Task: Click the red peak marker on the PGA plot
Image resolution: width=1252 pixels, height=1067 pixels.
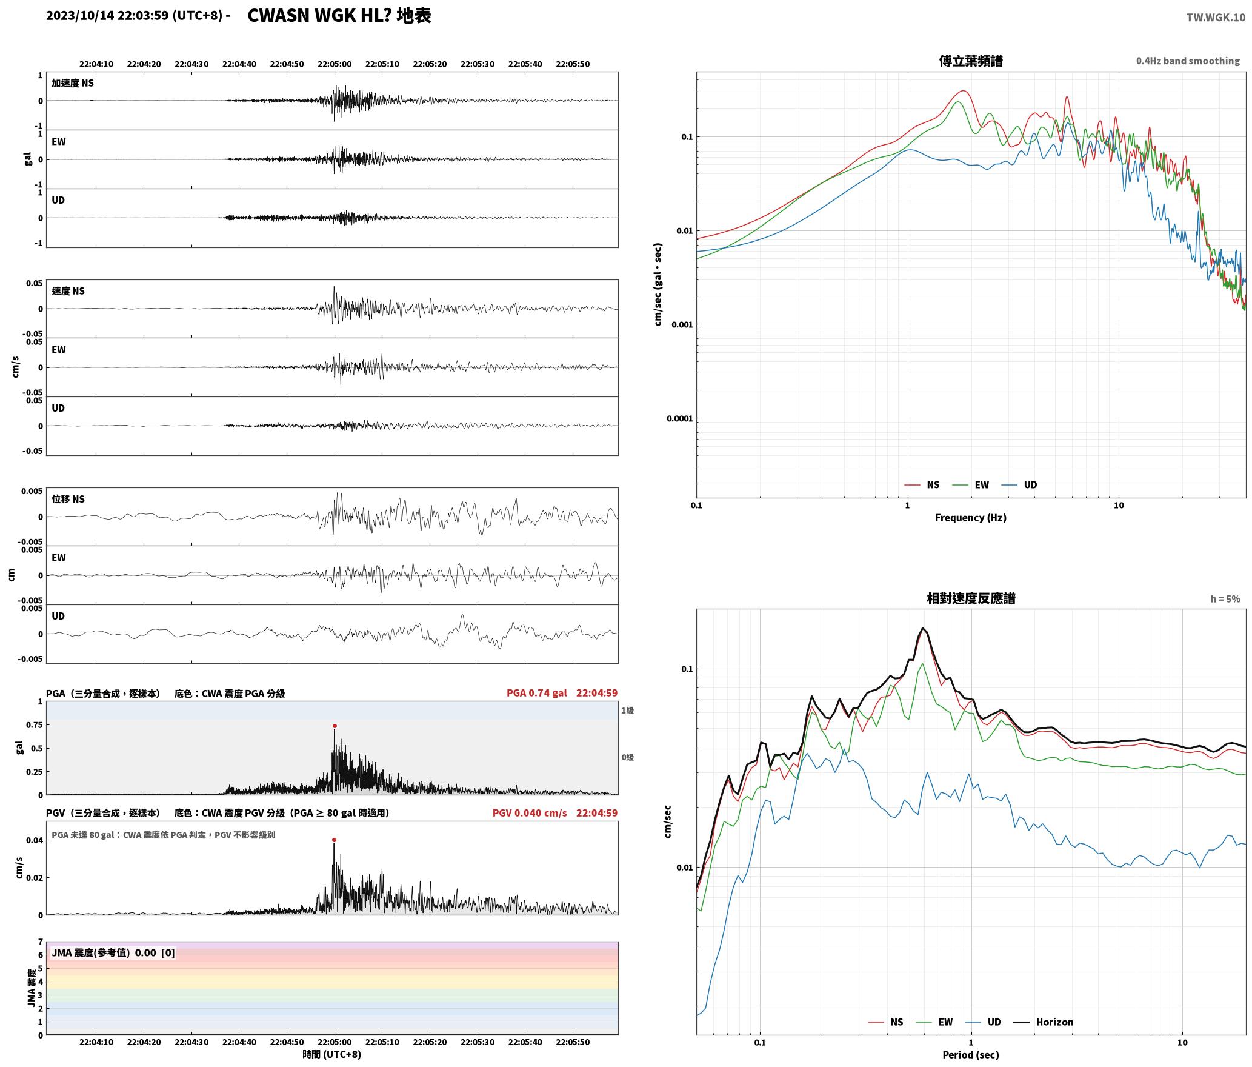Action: pos(335,726)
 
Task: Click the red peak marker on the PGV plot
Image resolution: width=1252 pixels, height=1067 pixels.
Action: pos(335,840)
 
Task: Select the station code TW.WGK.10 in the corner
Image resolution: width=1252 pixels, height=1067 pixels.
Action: pos(1216,18)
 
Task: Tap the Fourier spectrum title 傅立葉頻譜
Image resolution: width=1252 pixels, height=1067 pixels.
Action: pos(971,61)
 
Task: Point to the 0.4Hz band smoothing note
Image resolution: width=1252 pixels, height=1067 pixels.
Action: pos(1188,61)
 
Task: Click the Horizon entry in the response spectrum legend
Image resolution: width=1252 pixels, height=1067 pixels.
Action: pos(1054,1022)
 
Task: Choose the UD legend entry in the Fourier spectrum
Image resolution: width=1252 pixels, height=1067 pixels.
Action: pos(1030,484)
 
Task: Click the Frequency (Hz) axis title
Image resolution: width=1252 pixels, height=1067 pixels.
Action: pos(970,517)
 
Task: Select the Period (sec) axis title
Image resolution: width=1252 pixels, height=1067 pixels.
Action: pos(970,1054)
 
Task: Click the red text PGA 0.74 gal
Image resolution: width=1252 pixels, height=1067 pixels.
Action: pos(536,692)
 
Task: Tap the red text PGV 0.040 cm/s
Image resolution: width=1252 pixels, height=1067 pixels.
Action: pos(529,812)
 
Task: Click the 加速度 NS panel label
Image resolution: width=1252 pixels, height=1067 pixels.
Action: pos(73,83)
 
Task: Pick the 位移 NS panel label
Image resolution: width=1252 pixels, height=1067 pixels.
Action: pos(68,499)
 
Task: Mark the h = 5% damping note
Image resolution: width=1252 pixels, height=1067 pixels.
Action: pos(1225,598)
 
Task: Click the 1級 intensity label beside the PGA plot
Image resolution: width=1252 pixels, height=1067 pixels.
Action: pos(627,710)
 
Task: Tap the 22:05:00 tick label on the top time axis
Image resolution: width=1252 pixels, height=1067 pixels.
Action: pos(335,64)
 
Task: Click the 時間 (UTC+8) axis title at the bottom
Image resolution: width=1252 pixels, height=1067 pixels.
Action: pos(331,1054)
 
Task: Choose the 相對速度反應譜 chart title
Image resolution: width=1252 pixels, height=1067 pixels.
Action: pos(971,598)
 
